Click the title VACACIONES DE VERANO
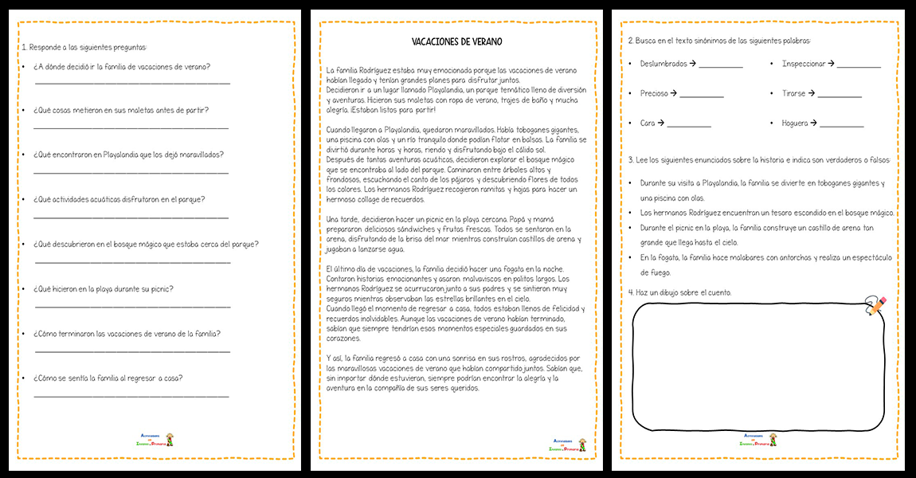(456, 41)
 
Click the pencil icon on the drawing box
(875, 306)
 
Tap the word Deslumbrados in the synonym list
(664, 64)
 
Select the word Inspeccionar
(804, 64)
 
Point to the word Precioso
(654, 93)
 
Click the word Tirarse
(793, 93)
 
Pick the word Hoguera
(794, 123)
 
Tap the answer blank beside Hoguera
(842, 126)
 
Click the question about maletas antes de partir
(121, 110)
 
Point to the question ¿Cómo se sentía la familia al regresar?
(108, 378)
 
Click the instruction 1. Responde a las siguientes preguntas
(84, 47)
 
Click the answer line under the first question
(132, 82)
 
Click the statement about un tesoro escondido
(767, 213)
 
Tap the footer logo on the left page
(156, 439)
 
